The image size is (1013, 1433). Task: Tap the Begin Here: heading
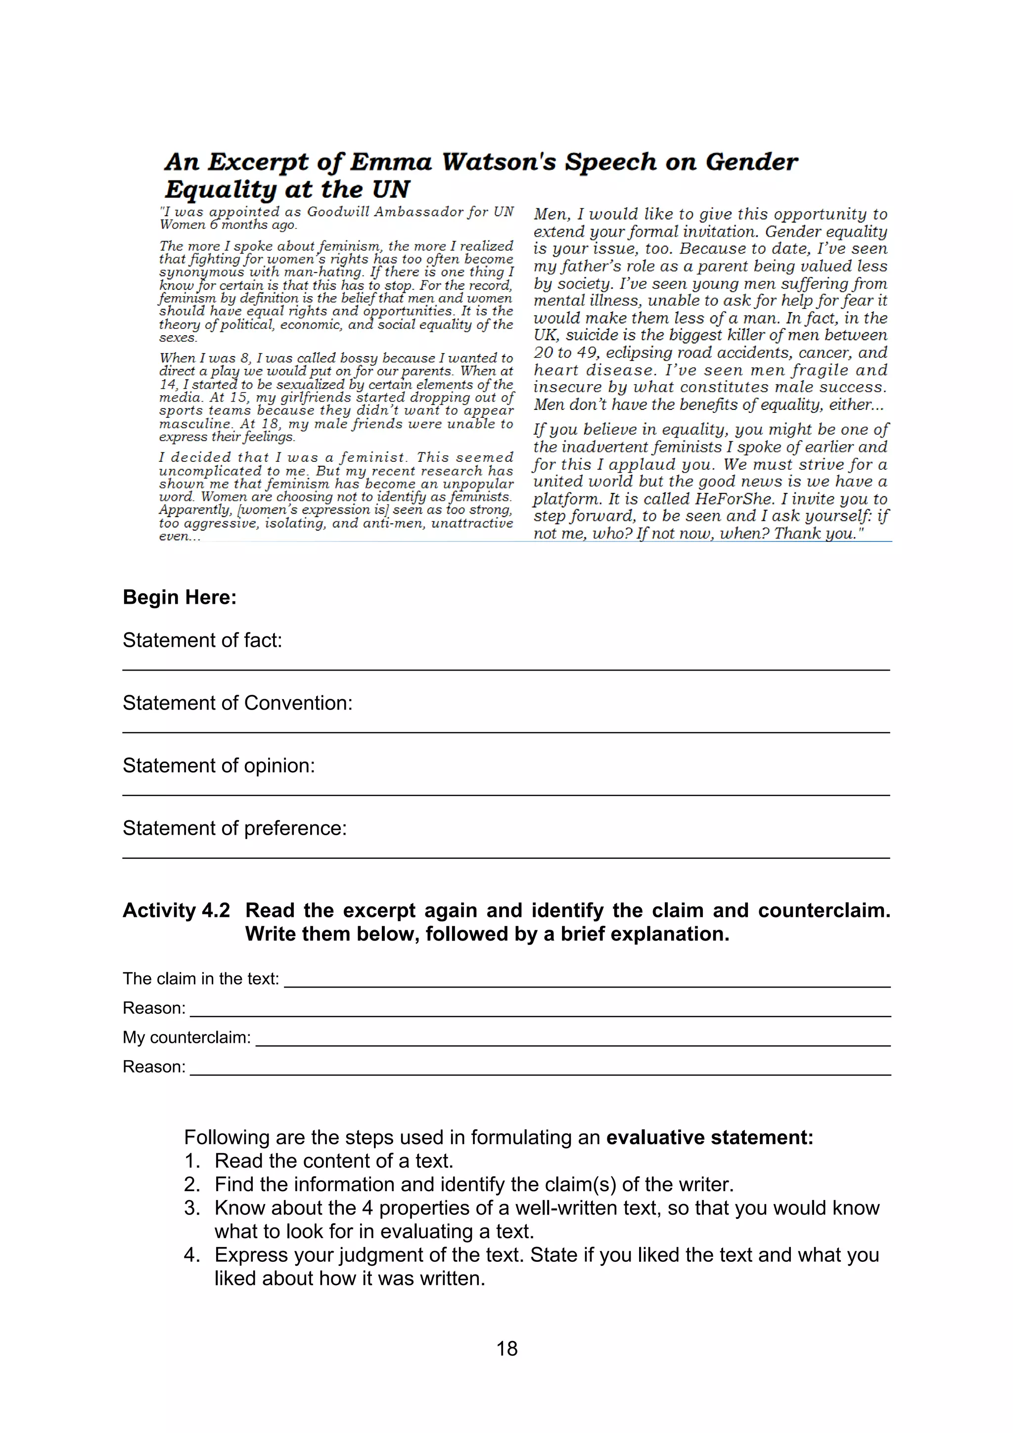tap(180, 597)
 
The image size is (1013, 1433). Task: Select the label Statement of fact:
tap(202, 640)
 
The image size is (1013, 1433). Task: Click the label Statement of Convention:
tap(237, 703)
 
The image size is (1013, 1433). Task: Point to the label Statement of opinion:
tap(219, 766)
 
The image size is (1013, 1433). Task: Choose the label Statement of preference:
tap(234, 828)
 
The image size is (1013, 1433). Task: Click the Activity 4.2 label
tap(176, 911)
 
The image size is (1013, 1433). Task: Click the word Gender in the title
tap(751, 162)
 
